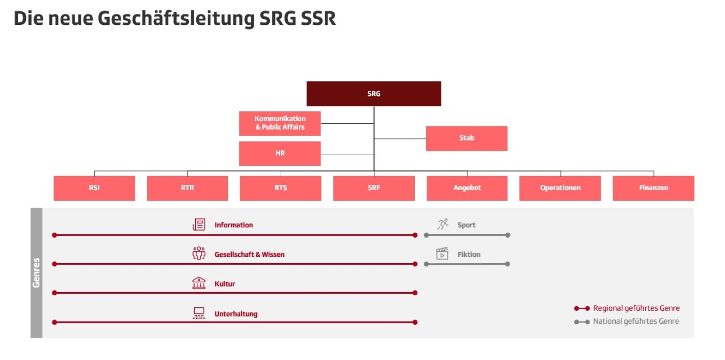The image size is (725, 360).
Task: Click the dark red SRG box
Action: (373, 94)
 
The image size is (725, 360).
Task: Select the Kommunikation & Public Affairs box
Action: (280, 123)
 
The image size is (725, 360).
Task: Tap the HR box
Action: (280, 153)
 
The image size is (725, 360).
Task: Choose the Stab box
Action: (467, 138)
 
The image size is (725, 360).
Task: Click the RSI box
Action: (94, 188)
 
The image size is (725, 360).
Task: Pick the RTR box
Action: (187, 188)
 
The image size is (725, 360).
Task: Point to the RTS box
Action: (281, 188)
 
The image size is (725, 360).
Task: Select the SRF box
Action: (373, 188)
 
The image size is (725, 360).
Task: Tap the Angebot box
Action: (467, 188)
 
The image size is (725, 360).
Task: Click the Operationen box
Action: (560, 188)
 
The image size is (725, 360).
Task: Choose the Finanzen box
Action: (654, 188)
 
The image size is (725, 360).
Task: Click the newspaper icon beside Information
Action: (199, 225)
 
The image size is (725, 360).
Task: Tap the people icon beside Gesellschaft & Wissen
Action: (199, 254)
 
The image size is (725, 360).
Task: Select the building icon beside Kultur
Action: (199, 283)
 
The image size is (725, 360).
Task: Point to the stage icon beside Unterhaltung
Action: (199, 313)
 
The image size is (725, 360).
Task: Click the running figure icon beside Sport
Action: (442, 224)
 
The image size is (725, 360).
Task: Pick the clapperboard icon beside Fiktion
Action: (442, 254)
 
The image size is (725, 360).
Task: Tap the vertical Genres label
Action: (36, 272)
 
